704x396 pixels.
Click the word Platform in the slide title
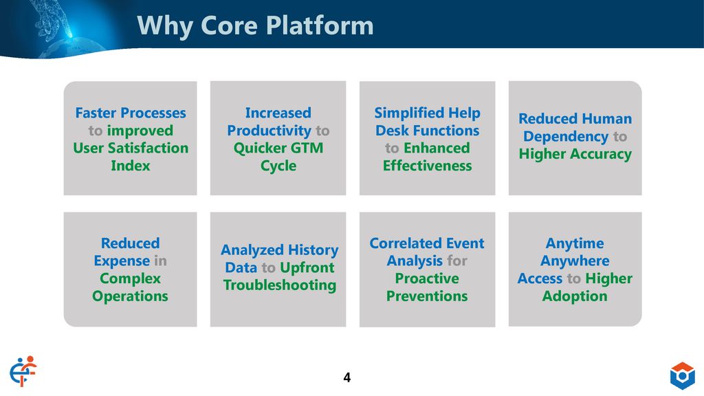[x=320, y=25]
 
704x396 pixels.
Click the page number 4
[x=347, y=377]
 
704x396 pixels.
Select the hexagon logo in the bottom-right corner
[x=683, y=376]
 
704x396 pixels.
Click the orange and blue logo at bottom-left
[x=23, y=371]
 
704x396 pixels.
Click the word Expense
[x=122, y=261]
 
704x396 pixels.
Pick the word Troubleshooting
[x=280, y=285]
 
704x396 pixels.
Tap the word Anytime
[x=575, y=244]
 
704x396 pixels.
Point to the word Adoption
[x=575, y=297]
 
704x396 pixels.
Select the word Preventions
[x=427, y=296]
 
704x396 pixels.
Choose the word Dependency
[x=566, y=137]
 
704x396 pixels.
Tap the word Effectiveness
[x=428, y=166]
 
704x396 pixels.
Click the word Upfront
[x=307, y=268]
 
